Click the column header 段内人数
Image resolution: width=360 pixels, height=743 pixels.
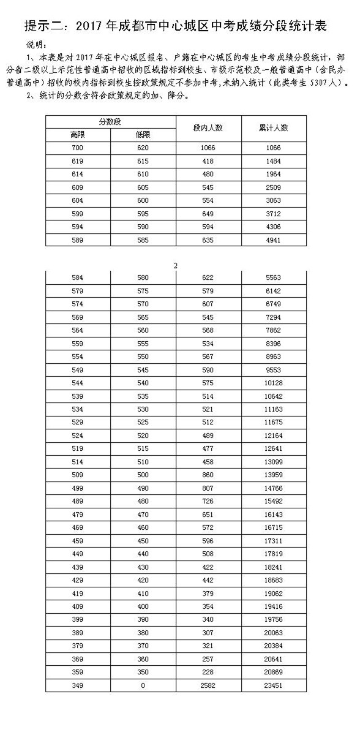[x=208, y=127]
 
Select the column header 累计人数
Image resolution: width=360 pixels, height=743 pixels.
[x=274, y=127]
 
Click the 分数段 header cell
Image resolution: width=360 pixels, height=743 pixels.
[x=110, y=121]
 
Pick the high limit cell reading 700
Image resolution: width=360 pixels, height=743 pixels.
[x=78, y=148]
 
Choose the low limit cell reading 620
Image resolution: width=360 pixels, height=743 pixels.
[x=143, y=148]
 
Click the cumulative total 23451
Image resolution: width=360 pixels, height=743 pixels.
[x=274, y=685]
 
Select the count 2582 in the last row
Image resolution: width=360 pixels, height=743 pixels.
[x=208, y=685]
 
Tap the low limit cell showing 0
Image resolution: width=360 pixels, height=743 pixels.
[x=143, y=685]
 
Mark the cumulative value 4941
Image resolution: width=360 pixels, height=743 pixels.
[x=274, y=239]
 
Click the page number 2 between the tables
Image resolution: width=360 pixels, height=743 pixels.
[x=176, y=265]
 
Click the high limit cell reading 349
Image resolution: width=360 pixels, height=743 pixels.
[x=78, y=685]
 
